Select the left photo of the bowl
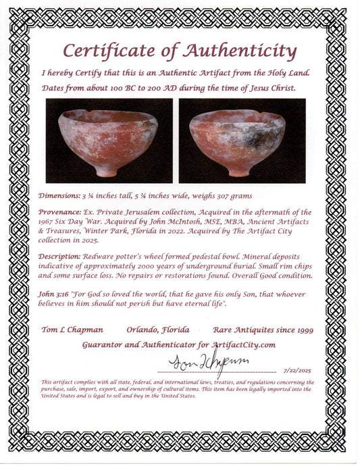point(109,141)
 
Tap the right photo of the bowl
point(242,141)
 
